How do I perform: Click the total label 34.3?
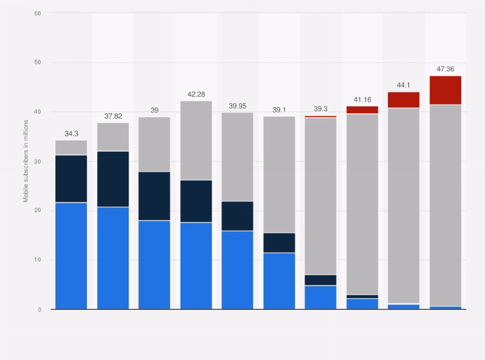[x=71, y=134]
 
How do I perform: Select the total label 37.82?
[x=113, y=116]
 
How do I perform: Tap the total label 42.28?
[x=196, y=94]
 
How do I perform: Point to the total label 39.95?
[x=237, y=106]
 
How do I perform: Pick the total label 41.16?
[x=362, y=100]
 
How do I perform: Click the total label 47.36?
[x=445, y=69]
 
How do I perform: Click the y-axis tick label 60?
[x=37, y=13]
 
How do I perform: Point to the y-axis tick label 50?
[x=37, y=62]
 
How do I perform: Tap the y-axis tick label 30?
[x=37, y=161]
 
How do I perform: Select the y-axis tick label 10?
[x=37, y=260]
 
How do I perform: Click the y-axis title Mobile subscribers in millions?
[x=26, y=161]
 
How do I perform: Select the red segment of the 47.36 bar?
[x=445, y=90]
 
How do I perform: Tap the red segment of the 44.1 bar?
[x=403, y=100]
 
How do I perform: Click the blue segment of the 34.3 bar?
[x=71, y=256]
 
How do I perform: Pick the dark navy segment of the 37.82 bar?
[x=113, y=179]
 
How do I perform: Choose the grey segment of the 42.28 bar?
[x=196, y=140]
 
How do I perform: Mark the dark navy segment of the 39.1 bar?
[x=279, y=242]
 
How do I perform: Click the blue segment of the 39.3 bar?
[x=320, y=297]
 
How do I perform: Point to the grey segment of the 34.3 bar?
[x=71, y=147]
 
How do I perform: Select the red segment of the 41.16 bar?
[x=362, y=110]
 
